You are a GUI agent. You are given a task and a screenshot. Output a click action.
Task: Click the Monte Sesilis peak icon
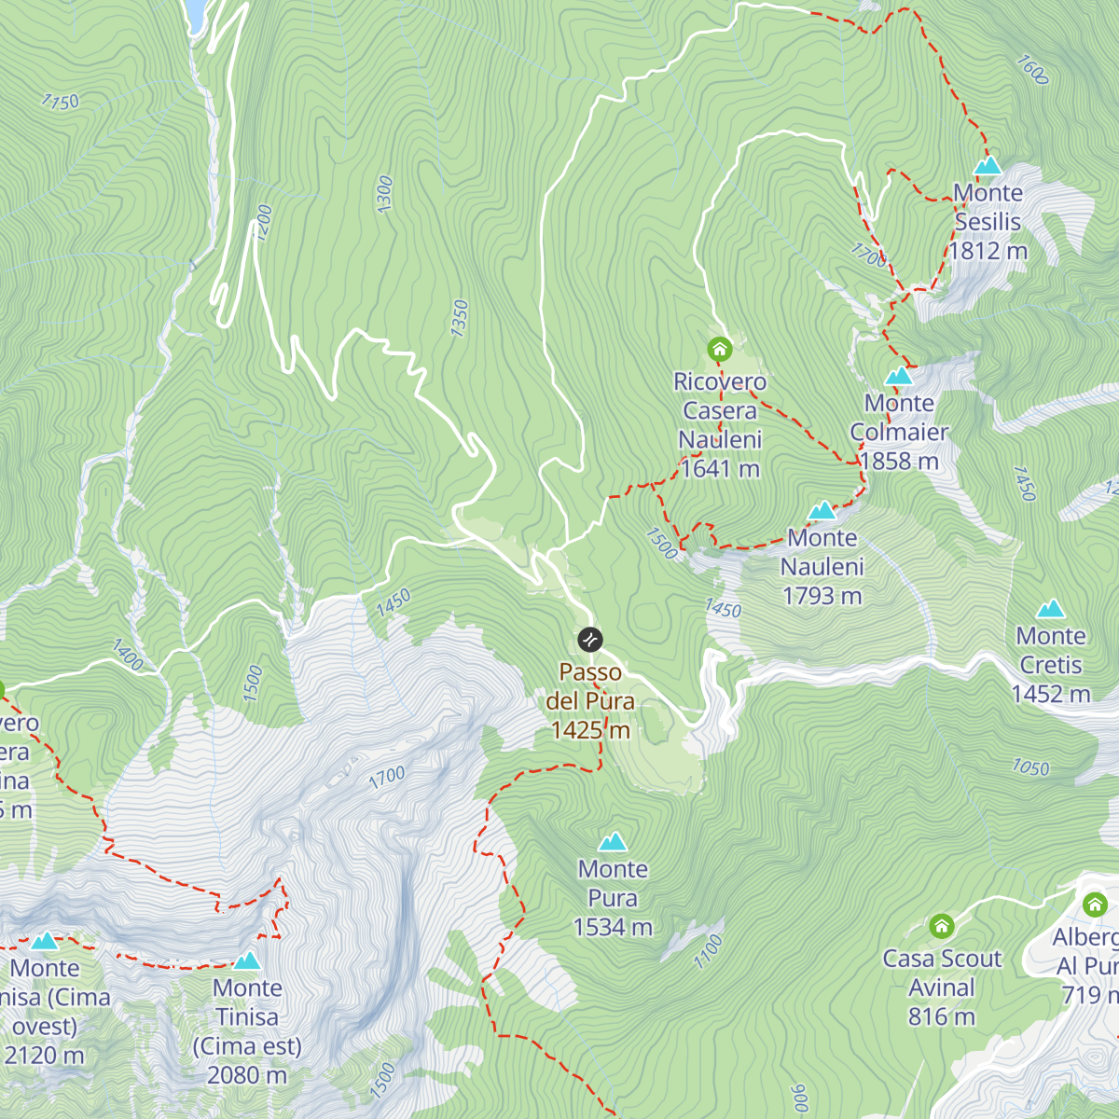pyautogui.click(x=988, y=166)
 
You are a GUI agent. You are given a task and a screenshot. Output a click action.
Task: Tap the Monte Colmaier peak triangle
pyautogui.click(x=898, y=377)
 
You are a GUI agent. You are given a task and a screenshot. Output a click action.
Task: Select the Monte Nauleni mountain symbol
pyautogui.click(x=822, y=511)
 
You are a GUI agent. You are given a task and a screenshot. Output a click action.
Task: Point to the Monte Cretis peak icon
pyautogui.click(x=1051, y=610)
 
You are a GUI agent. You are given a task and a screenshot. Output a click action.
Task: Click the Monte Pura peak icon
pyautogui.click(x=613, y=842)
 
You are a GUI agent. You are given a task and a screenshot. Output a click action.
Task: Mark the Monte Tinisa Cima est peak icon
pyautogui.click(x=247, y=961)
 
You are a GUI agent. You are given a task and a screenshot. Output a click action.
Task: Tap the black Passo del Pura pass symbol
pyautogui.click(x=590, y=640)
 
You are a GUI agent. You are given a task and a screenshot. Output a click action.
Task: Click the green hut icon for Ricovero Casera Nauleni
pyautogui.click(x=719, y=350)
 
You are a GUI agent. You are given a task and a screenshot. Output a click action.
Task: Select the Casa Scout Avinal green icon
pyautogui.click(x=942, y=927)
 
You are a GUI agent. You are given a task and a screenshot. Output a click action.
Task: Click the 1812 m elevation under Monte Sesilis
pyautogui.click(x=988, y=251)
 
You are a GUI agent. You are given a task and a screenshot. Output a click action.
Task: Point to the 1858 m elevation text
pyautogui.click(x=899, y=462)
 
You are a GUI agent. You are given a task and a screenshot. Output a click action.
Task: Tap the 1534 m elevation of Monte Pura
pyautogui.click(x=613, y=927)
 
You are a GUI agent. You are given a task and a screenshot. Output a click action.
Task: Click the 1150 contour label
pyautogui.click(x=61, y=102)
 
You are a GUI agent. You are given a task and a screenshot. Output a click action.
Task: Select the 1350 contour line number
pyautogui.click(x=459, y=319)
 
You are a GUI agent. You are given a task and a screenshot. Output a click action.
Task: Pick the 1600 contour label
pyautogui.click(x=1032, y=70)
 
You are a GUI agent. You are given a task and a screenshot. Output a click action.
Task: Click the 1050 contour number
pyautogui.click(x=1030, y=767)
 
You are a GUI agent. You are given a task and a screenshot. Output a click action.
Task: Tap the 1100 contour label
pyautogui.click(x=709, y=950)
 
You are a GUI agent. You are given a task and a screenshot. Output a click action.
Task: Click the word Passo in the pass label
pyautogui.click(x=590, y=672)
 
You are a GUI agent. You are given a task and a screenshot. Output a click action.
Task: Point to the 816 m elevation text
pyautogui.click(x=942, y=1016)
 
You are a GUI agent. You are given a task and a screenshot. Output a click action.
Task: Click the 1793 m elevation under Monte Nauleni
pyautogui.click(x=822, y=596)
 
